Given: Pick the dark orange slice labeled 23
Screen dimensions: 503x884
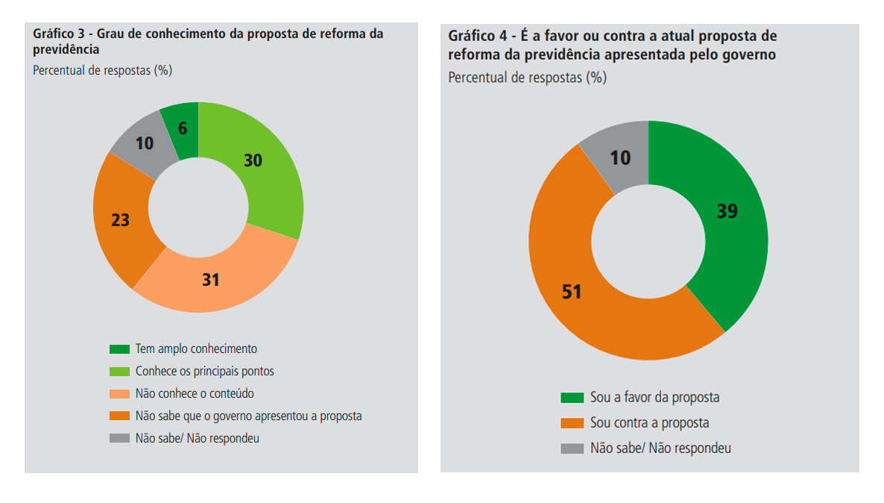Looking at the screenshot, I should click(x=123, y=224).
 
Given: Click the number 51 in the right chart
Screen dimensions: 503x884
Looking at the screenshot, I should click(x=572, y=291).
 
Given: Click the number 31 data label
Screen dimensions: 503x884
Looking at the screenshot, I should click(x=212, y=280).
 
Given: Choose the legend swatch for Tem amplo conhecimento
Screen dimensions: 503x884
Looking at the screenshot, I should click(x=119, y=349).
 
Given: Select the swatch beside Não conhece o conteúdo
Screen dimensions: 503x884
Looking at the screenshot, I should click(x=119, y=394).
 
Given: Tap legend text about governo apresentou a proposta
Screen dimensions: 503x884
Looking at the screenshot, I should click(x=248, y=416).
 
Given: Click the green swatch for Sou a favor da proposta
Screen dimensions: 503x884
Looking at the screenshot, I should click(x=572, y=398).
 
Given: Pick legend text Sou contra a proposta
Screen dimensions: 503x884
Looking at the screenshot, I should click(x=649, y=423).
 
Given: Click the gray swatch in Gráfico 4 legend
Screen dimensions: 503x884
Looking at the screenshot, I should click(x=572, y=449).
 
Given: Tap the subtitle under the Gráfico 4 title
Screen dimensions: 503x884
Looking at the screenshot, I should click(x=527, y=78).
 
